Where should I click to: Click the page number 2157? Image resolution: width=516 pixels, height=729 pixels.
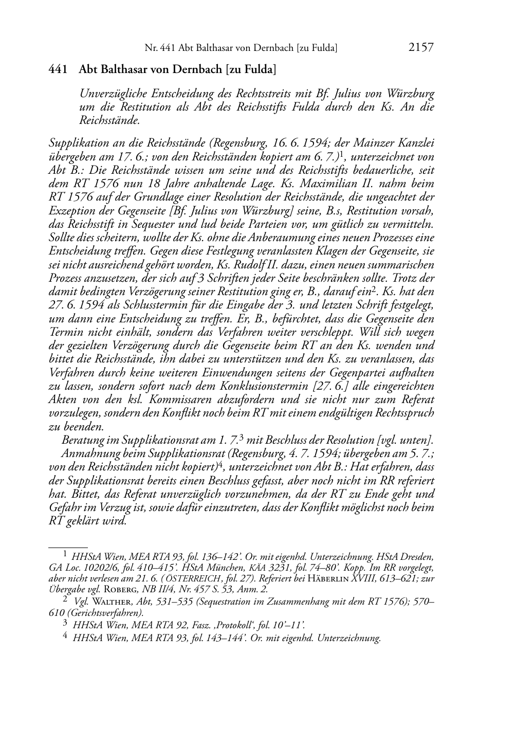pos(421,48)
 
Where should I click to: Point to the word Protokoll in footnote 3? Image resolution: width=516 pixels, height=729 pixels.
pos(241,625)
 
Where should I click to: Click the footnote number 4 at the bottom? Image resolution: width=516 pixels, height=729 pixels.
pos(65,637)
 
